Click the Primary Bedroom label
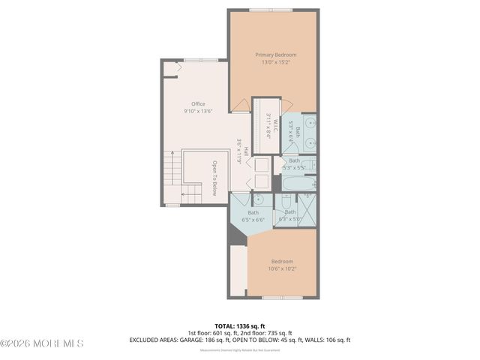275,55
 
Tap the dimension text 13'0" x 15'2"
275,62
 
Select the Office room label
198,104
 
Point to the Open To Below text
214,178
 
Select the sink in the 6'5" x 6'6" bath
258,199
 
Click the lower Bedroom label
282,261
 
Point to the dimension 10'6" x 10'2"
282,268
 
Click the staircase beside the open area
173,177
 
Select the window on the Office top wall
200,60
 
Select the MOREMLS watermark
42,343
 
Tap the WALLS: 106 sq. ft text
325,340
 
